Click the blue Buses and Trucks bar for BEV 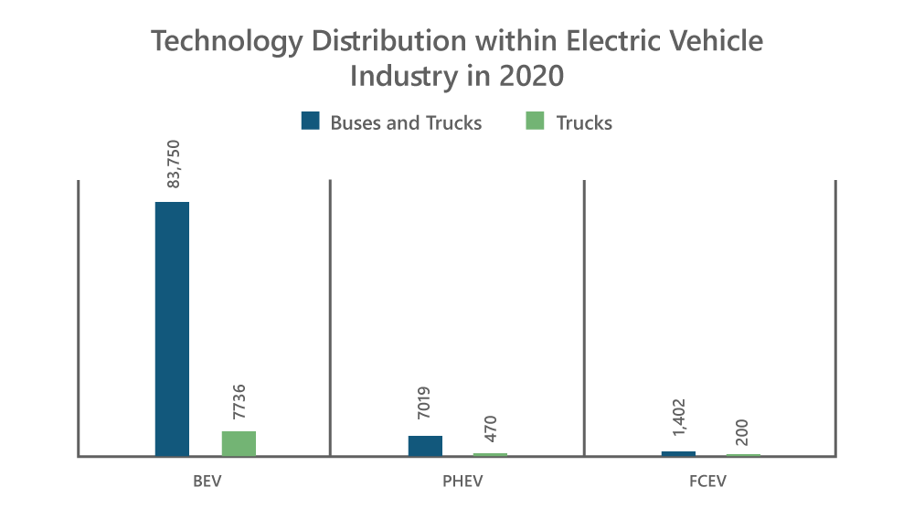coord(172,329)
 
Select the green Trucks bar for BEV coord(239,443)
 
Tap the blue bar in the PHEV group coord(425,446)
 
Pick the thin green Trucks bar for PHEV coord(490,454)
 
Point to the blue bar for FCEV coord(678,453)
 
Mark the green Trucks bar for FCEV coord(743,454)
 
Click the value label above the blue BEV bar coord(173,165)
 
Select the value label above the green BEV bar coord(239,403)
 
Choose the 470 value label coord(491,428)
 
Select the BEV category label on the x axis coord(205,481)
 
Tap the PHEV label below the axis coord(458,481)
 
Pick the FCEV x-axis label coord(710,481)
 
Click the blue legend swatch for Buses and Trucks coord(311,122)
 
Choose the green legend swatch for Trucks coord(535,122)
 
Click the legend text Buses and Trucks coord(407,122)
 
